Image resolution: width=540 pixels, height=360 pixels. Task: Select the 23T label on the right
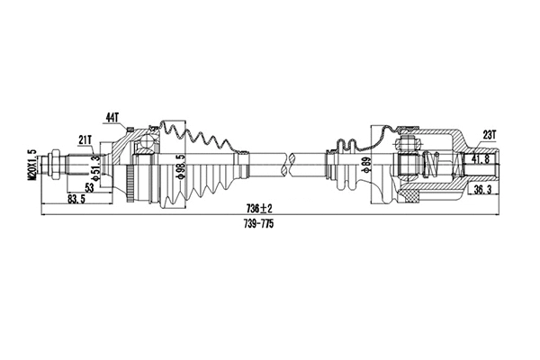click(490, 134)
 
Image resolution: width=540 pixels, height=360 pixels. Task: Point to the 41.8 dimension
click(481, 158)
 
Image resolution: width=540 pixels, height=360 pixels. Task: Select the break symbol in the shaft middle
click(288, 163)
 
